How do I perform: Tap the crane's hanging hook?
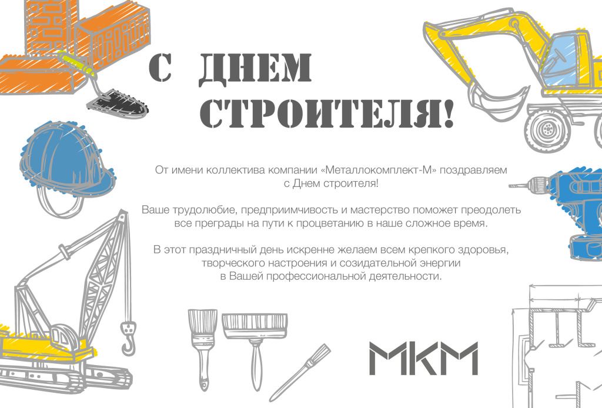(126, 338)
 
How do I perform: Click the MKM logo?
(423, 359)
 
